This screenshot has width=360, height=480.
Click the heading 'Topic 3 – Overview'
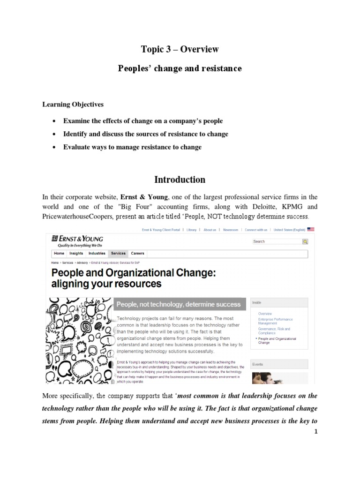[x=180, y=49]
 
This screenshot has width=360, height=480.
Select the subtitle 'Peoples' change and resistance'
[x=180, y=68]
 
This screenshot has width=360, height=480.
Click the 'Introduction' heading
[x=180, y=180]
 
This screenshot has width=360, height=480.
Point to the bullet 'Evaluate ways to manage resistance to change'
[x=132, y=147]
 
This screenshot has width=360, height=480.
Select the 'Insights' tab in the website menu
[x=76, y=254]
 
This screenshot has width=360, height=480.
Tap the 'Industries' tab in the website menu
[x=97, y=254]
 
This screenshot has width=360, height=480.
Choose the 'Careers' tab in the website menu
[x=137, y=254]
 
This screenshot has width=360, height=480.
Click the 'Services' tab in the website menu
[x=118, y=254]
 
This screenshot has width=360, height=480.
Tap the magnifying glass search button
[x=305, y=241]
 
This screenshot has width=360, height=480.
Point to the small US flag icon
[x=311, y=230]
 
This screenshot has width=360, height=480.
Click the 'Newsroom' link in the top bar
[x=230, y=230]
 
